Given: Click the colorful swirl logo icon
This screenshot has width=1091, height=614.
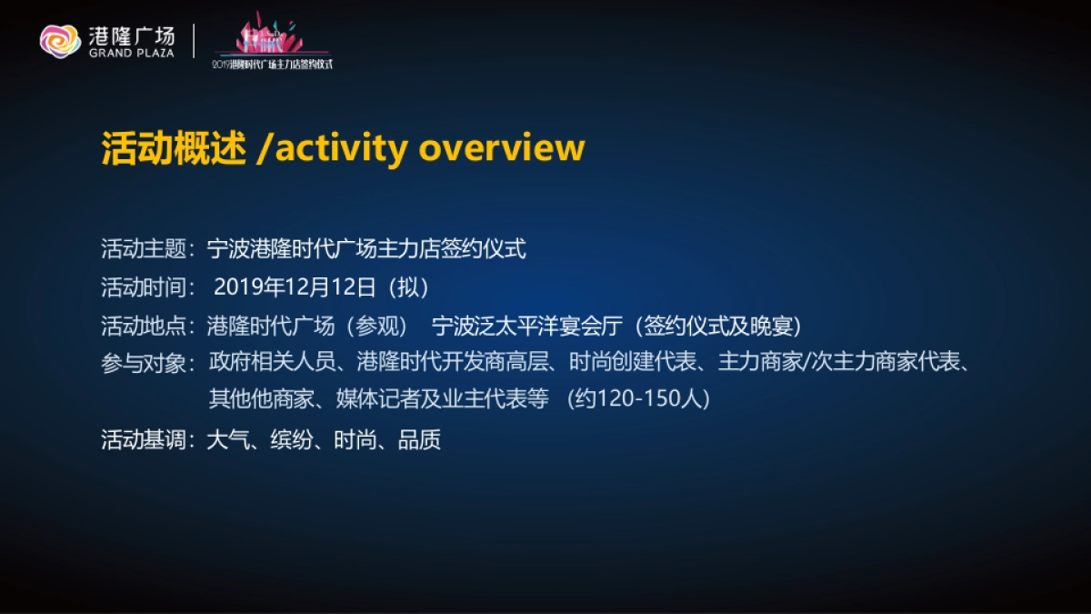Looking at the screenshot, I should pyautogui.click(x=60, y=40).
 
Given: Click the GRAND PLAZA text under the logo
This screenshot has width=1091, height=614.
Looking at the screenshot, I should pyautogui.click(x=132, y=53).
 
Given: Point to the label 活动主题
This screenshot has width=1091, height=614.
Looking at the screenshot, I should pyautogui.click(x=143, y=248).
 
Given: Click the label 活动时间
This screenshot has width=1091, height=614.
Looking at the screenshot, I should pyautogui.click(x=143, y=287).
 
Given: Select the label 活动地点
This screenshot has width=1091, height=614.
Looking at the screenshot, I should pyautogui.click(x=143, y=326).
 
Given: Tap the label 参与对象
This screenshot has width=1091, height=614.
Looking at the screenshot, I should pyautogui.click(x=143, y=364).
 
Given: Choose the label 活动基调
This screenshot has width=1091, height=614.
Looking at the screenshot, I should pyautogui.click(x=143, y=441).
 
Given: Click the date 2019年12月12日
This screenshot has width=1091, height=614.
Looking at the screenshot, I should pyautogui.click(x=295, y=287).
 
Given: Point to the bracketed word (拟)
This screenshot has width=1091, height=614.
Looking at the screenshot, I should pyautogui.click(x=407, y=287).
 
